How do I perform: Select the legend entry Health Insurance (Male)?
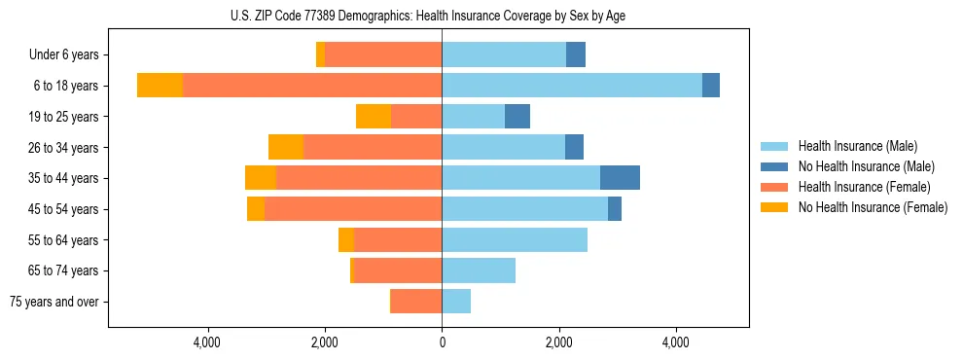point(857,147)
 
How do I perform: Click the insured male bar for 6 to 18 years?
point(572,86)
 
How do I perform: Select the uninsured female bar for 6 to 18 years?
point(160,86)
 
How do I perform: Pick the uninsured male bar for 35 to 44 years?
point(620,178)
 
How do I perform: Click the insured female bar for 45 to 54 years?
point(353,209)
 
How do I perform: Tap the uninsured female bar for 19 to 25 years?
point(374,117)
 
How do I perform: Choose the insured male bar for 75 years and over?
point(456,302)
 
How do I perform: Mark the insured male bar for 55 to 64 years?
point(515,239)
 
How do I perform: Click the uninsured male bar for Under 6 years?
point(576,55)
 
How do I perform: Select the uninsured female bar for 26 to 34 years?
point(286,147)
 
